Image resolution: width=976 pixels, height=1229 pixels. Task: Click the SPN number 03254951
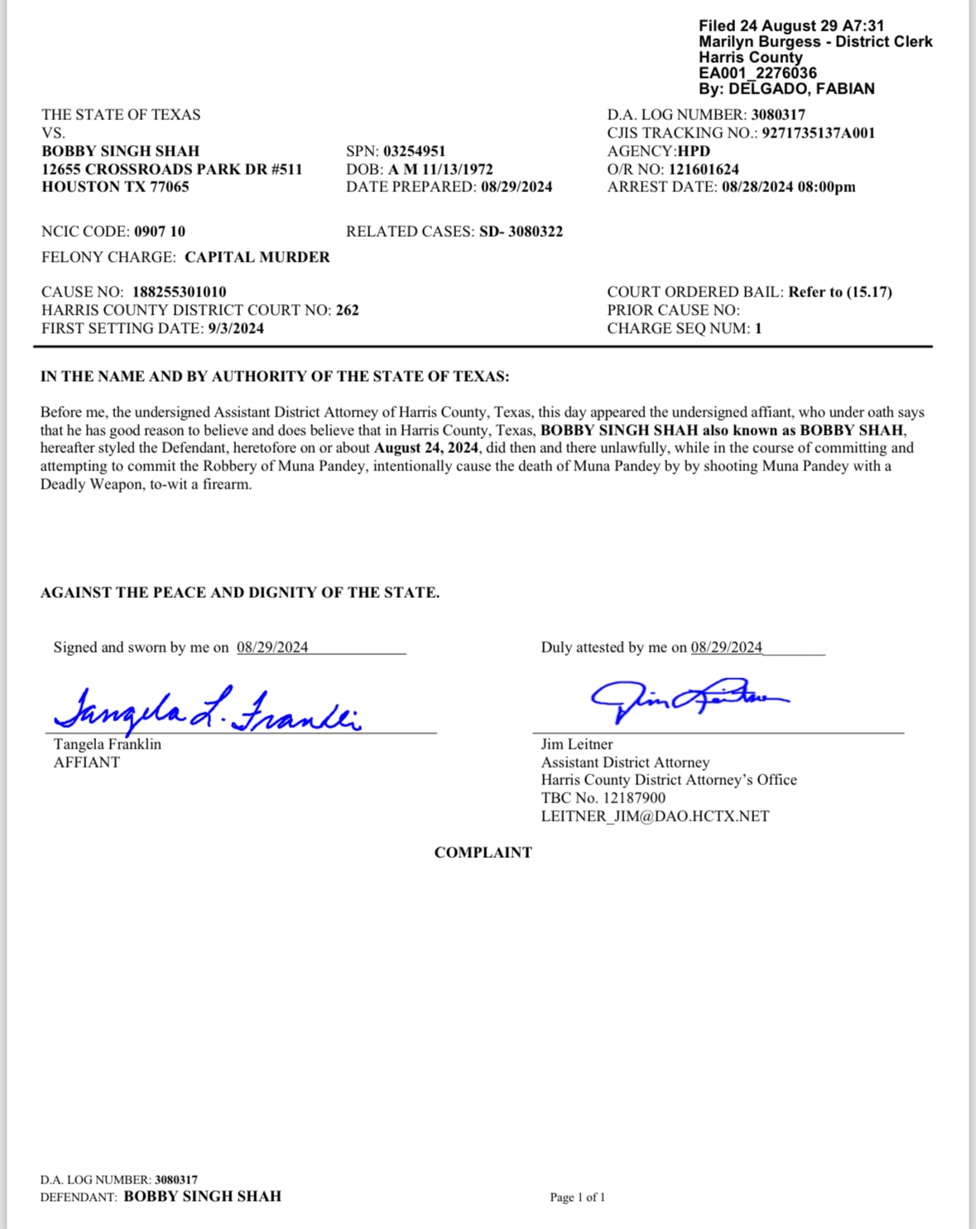414,151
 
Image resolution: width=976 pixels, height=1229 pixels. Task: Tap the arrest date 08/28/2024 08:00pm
788,187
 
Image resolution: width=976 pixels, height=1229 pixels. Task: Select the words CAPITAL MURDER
257,258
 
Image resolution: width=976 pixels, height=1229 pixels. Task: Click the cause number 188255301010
179,292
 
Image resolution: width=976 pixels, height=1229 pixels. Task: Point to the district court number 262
347,311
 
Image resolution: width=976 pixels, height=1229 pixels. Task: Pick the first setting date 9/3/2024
236,329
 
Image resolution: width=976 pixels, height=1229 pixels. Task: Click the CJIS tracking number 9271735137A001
818,133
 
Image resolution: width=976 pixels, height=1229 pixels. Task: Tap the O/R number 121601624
704,169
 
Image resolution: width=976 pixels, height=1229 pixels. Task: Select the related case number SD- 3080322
521,232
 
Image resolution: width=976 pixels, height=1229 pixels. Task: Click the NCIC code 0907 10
160,232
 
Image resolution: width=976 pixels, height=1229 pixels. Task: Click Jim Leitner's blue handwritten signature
687,700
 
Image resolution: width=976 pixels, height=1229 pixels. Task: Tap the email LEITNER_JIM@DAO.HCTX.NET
655,817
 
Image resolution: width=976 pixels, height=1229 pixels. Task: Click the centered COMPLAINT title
483,853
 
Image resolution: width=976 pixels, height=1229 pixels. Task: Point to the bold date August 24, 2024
426,448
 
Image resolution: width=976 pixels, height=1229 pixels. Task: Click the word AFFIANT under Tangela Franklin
87,763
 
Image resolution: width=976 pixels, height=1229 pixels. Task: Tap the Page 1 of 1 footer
577,1198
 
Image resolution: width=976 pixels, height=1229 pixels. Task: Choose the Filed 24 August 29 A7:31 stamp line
791,27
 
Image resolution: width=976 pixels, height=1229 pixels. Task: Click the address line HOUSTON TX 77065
115,187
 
